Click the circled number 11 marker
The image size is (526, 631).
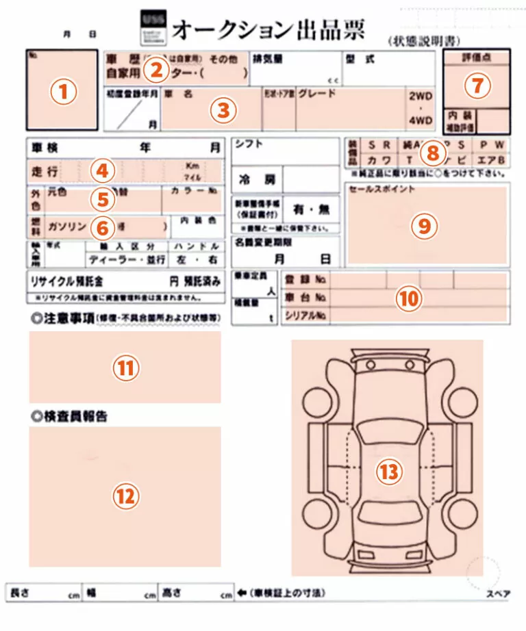(x=125, y=368)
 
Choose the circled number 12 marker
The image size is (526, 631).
(x=125, y=496)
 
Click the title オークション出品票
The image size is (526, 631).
(x=268, y=29)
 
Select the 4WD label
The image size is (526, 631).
(x=420, y=120)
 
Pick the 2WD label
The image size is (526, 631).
(x=420, y=97)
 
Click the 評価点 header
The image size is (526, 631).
(x=477, y=58)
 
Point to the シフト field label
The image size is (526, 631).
(x=249, y=144)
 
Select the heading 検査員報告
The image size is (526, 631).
(x=73, y=416)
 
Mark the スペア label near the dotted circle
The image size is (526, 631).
(x=498, y=594)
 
